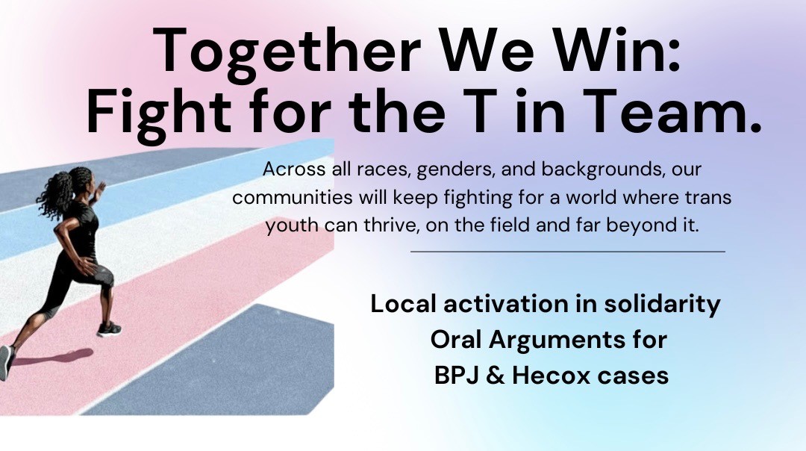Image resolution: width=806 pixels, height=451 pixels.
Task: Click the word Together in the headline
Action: tap(287, 52)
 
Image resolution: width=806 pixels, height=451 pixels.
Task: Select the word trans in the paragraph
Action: tap(707, 197)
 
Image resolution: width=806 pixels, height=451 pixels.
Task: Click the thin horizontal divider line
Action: tap(567, 252)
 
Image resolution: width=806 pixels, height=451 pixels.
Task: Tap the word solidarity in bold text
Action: tap(662, 305)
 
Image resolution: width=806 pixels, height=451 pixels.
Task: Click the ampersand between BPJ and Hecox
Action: tap(495, 376)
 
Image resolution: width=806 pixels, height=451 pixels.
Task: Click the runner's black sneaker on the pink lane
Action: tap(109, 329)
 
